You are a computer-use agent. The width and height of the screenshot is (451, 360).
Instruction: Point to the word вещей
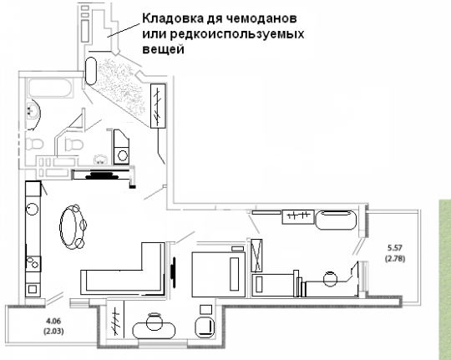point(163,49)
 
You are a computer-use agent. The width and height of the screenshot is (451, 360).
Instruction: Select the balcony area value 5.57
point(395,247)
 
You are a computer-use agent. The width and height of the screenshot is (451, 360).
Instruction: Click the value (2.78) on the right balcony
point(395,258)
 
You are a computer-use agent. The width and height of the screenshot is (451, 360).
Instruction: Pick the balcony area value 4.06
point(53,320)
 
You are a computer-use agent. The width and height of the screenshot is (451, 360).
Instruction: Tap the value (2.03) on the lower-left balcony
point(53,332)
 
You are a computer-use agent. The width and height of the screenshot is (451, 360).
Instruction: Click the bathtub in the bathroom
point(49,88)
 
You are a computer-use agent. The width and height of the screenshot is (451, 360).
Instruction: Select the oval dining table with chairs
point(73,226)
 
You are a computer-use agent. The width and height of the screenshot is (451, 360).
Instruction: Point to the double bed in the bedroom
point(219,274)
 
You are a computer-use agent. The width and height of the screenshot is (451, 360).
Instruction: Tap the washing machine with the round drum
point(122,155)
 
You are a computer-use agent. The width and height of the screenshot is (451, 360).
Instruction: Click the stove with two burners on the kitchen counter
point(33,263)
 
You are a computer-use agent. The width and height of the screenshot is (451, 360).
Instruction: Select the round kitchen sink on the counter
point(32,209)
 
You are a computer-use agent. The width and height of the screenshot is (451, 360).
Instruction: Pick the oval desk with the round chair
point(154,328)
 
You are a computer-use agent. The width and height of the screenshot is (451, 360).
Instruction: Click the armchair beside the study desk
point(205,327)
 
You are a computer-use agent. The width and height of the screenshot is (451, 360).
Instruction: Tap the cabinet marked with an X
point(256,256)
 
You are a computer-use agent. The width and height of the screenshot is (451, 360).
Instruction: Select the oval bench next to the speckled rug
point(90,71)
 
